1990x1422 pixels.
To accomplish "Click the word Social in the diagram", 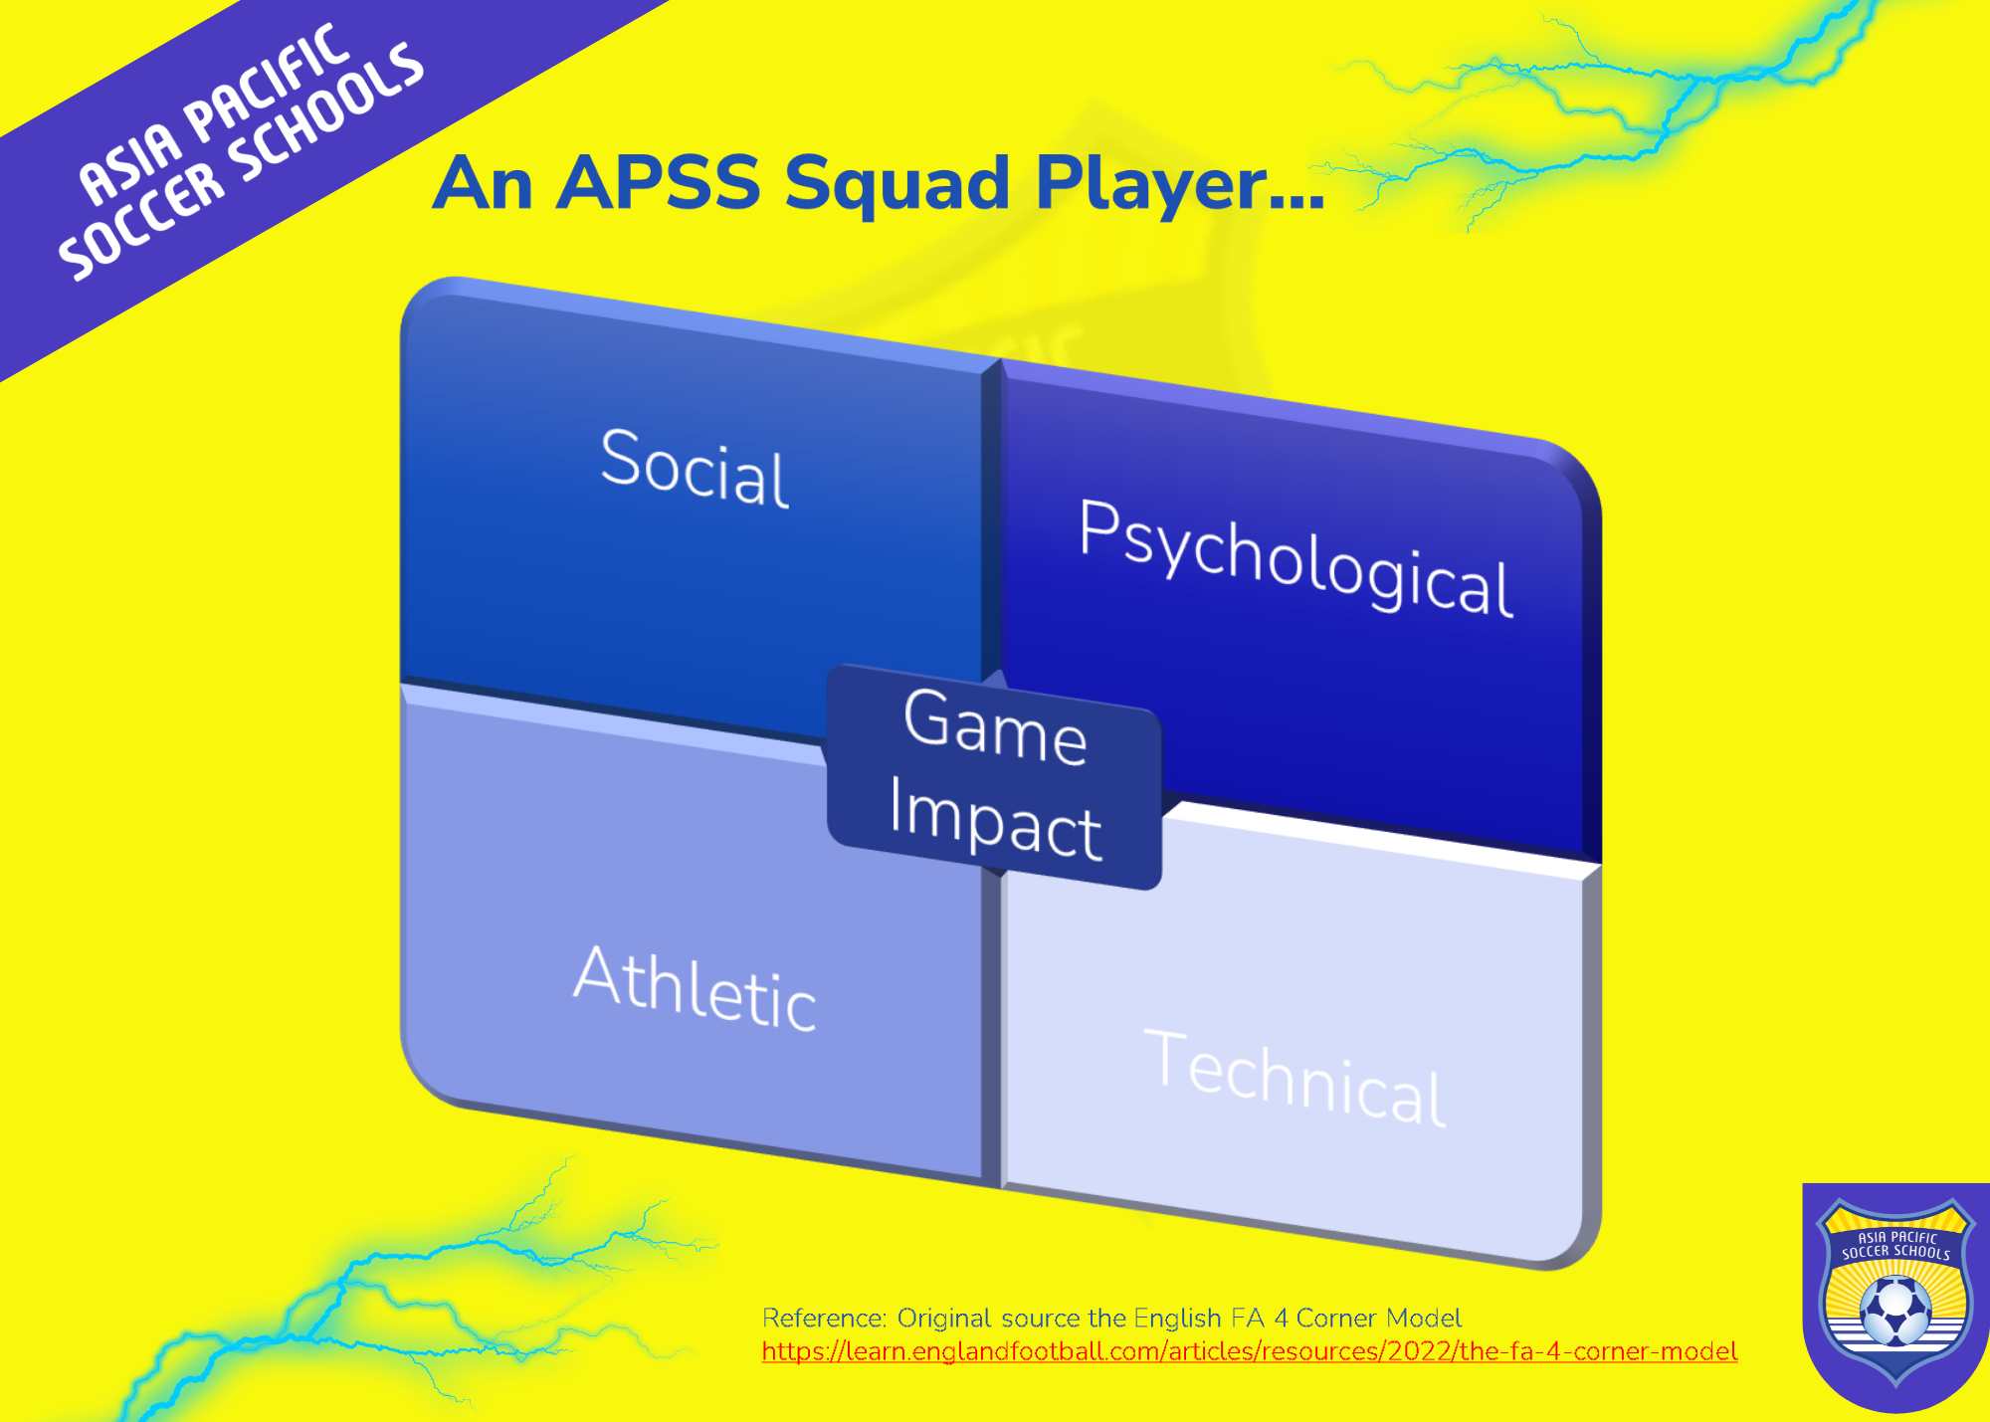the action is [695, 468].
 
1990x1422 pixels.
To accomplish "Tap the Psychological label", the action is [1296, 558].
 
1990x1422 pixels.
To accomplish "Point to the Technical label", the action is [1295, 1078].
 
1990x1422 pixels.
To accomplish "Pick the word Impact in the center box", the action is [995, 818].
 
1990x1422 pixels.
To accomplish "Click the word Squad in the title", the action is [897, 183].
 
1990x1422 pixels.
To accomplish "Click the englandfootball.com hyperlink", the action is [1250, 1351].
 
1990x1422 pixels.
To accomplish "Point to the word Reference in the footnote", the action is [824, 1319].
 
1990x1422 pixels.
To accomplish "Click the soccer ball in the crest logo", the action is [1895, 1311].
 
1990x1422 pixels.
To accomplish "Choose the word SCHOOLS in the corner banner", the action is [326, 113].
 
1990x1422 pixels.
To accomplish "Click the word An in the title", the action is [483, 183].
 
